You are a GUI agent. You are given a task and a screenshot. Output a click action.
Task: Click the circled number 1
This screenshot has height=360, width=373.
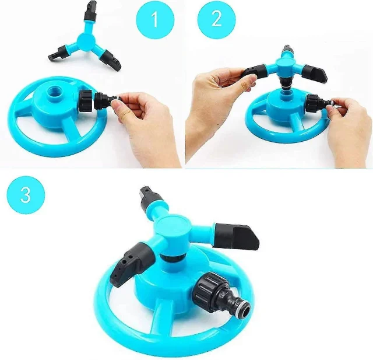click(x=155, y=19)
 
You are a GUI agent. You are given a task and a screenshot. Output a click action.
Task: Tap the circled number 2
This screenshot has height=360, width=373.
click(x=216, y=19)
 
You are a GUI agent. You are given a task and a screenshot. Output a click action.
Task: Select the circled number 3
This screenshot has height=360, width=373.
click(x=26, y=195)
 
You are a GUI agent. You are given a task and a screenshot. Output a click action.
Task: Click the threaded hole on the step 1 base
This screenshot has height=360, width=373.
click(x=54, y=92)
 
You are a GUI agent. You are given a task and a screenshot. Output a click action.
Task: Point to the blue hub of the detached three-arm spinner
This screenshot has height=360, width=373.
click(x=84, y=40)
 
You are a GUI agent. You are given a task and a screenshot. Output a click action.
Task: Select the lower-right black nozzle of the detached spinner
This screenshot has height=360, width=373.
click(x=110, y=60)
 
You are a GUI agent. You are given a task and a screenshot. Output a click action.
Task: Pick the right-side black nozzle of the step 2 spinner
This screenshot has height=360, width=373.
click(x=315, y=74)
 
